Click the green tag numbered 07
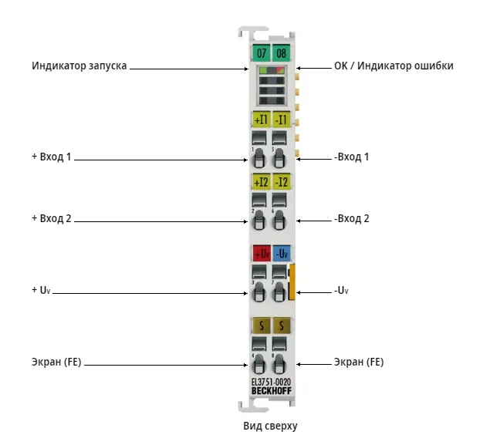point(261,52)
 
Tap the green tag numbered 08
point(281,52)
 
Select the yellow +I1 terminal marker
point(261,120)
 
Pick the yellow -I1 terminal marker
point(281,120)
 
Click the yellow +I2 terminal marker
point(261,182)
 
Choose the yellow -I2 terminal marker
point(281,182)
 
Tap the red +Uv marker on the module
point(262,254)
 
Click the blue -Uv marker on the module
point(282,254)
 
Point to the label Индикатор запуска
point(79,66)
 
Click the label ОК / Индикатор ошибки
point(394,66)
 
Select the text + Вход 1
point(52,157)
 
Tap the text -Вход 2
point(351,219)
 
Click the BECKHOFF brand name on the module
point(272,391)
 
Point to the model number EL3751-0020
point(271,382)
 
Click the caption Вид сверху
point(270,426)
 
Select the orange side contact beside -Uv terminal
point(292,282)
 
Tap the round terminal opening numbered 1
point(258,158)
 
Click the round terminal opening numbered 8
point(279,364)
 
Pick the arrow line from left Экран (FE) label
point(166,365)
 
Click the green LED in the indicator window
point(263,70)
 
